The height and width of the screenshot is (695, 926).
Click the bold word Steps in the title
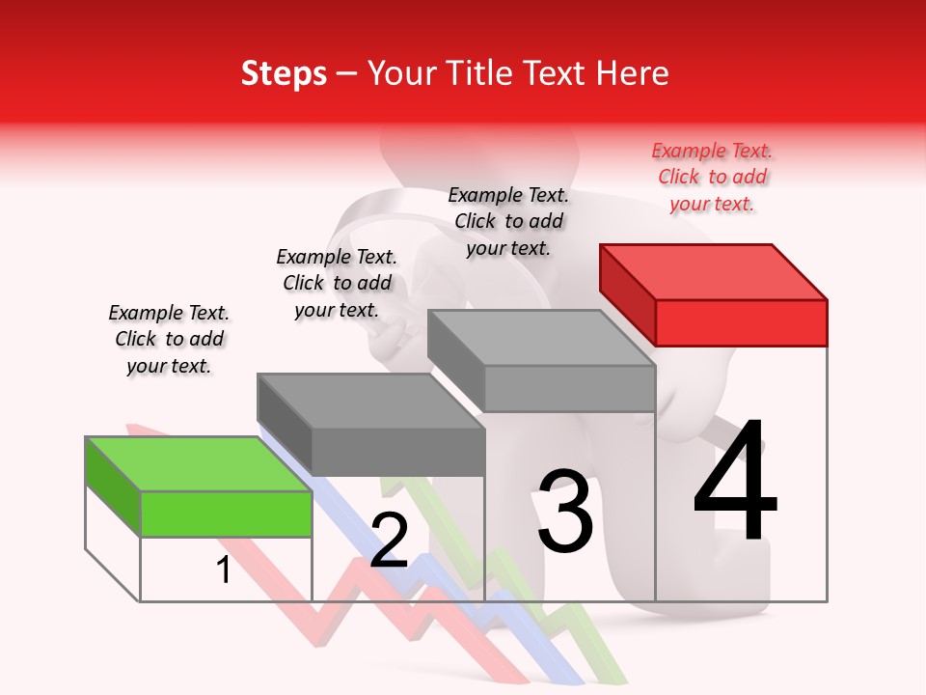(x=284, y=73)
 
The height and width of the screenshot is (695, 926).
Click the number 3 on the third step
(x=565, y=512)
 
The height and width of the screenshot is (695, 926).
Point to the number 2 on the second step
(x=389, y=541)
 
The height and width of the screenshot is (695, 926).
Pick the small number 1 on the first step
(x=224, y=570)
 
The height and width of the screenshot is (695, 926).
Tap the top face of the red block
(x=714, y=271)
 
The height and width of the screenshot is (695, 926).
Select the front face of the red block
(x=741, y=322)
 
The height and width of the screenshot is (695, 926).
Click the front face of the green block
(x=226, y=514)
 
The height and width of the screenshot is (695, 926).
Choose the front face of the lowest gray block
(x=397, y=452)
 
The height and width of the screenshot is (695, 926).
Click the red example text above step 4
(x=712, y=178)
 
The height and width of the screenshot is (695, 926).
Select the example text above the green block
(x=169, y=340)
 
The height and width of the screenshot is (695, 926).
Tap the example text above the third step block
(x=508, y=222)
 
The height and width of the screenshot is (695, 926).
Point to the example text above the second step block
(x=337, y=284)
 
